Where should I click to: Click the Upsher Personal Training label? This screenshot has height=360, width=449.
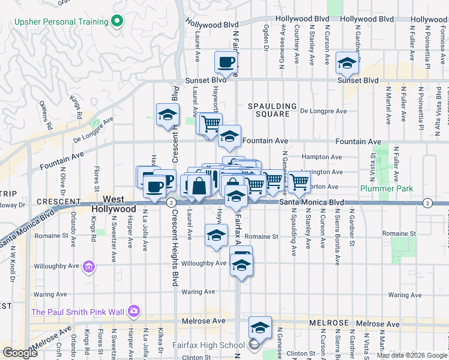[x=62, y=22]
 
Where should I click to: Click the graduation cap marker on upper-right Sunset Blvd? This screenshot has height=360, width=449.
[x=347, y=62]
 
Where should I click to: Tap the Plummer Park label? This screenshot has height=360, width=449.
[x=388, y=188]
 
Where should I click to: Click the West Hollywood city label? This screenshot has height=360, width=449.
[x=114, y=204]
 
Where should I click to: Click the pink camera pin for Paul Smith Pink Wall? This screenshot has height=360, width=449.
[x=133, y=311]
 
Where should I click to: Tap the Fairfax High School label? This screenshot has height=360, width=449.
[x=208, y=344]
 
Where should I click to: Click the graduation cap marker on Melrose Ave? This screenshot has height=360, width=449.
[x=260, y=327]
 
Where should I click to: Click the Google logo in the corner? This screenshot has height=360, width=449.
[x=20, y=353]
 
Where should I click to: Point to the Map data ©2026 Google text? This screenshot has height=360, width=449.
[x=411, y=355]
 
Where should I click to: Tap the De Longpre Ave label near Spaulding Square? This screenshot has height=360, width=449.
[x=324, y=111]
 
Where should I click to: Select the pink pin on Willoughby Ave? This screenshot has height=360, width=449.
[x=89, y=266]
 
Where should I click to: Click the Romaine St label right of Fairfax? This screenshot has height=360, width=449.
[x=261, y=236]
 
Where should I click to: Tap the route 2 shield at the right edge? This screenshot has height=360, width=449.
[x=427, y=203]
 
